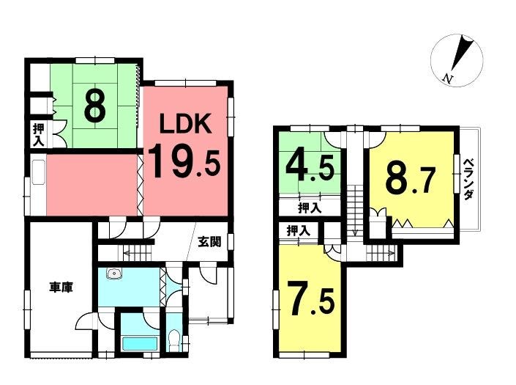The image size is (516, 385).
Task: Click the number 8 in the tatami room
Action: [95, 106]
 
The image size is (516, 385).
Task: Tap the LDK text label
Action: [185, 124]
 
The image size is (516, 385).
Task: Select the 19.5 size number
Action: [184, 161]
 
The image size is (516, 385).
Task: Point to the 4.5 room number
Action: [310, 167]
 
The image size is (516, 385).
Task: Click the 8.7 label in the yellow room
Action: [411, 180]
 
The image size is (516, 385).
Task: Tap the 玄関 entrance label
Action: [209, 242]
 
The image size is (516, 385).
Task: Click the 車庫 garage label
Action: [61, 287]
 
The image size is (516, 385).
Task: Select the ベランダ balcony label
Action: [468, 180]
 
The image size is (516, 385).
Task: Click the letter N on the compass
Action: [447, 78]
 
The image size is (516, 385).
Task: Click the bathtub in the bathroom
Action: [140, 344]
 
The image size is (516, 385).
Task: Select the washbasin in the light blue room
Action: [114, 274]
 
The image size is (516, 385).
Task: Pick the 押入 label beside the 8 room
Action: [38, 135]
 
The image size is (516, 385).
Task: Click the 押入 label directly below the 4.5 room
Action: [310, 208]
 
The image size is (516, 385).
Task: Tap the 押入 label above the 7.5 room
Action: [299, 230]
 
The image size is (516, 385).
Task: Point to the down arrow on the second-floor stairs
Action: [355, 232]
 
